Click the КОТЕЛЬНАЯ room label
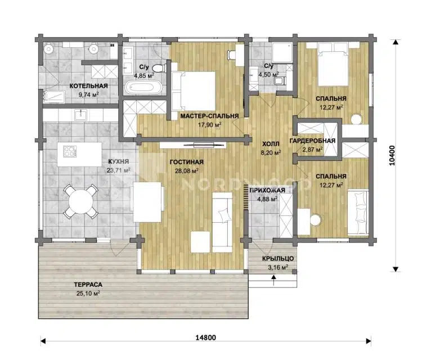coord(88,86)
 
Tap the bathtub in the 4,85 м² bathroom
coord(143,87)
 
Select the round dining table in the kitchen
coord(80,201)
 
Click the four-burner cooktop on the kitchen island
coord(70,151)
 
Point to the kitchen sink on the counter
coord(80,115)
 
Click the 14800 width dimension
coord(205,337)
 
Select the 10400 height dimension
coord(392,155)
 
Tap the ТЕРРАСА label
coord(88,285)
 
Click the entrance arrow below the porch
coord(273,280)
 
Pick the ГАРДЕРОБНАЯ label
coord(312,141)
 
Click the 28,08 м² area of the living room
coord(187,170)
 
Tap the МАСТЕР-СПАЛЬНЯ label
coord(209,116)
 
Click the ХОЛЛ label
coord(271,144)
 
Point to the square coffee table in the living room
coord(200,242)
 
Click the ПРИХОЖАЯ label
coord(267,190)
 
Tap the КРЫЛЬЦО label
coord(278,259)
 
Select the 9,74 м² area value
coord(88,94)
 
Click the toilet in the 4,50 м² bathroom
coord(279,80)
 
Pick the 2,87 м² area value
coord(312,150)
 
